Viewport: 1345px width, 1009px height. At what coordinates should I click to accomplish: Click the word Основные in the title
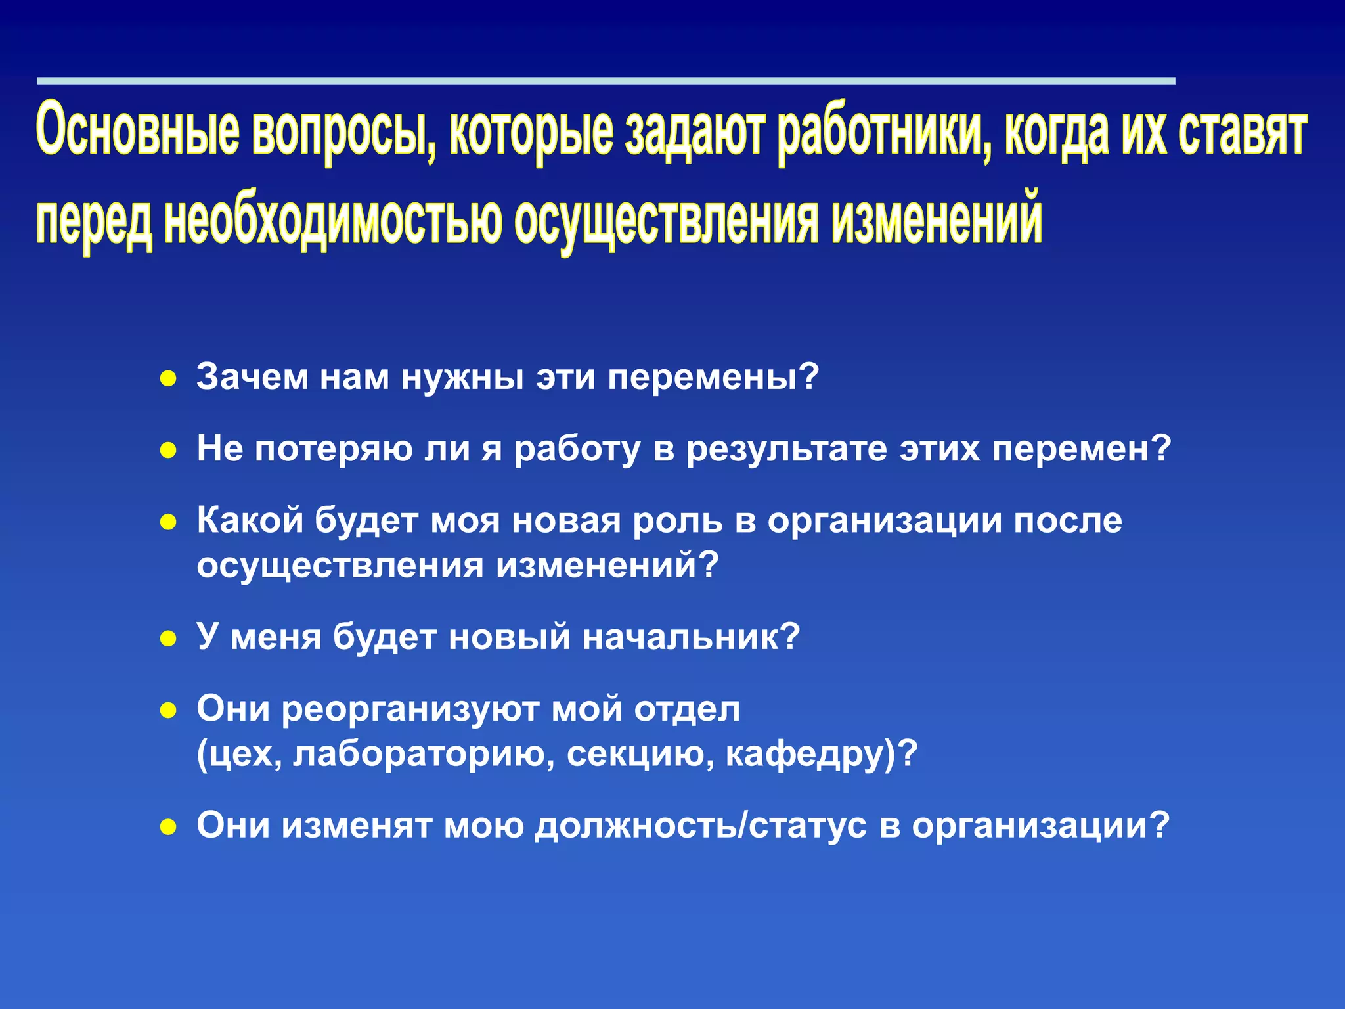pos(137,130)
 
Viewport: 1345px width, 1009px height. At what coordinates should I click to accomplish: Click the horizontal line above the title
pos(604,81)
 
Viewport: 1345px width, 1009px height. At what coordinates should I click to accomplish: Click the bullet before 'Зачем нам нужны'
pos(169,379)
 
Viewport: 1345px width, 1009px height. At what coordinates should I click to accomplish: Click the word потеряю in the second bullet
pos(333,449)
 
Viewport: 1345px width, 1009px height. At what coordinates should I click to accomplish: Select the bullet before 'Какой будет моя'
pos(169,522)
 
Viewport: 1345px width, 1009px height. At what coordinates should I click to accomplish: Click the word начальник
pos(690,637)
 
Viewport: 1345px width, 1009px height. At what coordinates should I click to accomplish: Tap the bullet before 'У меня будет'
pos(169,639)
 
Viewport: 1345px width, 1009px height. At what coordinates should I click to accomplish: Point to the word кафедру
pos(810,754)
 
